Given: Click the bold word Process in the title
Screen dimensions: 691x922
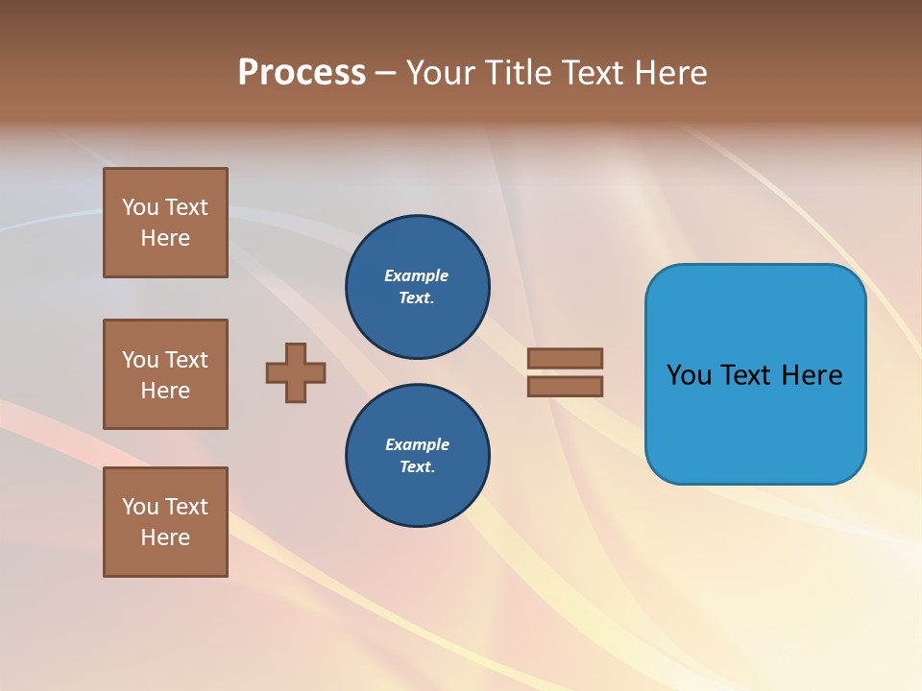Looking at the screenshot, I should pos(302,73).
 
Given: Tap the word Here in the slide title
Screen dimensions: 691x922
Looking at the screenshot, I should pos(671,73).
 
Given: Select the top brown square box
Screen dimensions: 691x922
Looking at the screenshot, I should pos(165,223).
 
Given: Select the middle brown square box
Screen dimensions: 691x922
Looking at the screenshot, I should pos(165,374).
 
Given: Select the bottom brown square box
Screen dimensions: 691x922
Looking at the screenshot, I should pos(165,522).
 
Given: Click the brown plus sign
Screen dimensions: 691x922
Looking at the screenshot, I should pos(296,372).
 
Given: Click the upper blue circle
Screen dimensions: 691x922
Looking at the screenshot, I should pos(417,287).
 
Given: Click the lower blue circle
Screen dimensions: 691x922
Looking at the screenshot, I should pos(417,456).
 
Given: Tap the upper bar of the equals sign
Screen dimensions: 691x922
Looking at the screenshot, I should pos(565,358).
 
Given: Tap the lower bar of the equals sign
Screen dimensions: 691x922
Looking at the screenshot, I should pos(565,387).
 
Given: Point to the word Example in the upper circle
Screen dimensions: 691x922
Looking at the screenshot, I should pos(416,275).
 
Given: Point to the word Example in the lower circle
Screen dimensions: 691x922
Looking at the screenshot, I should pos(417,444).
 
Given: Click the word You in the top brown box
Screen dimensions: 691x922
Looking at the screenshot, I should pos(140,207).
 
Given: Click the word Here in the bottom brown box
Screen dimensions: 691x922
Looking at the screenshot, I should pos(165,537).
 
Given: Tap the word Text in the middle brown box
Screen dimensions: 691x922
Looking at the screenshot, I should pos(186,360).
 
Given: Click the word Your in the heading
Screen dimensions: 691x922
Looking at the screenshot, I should pos(440,73).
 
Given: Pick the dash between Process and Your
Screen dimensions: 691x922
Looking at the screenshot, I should pos(385,74).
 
